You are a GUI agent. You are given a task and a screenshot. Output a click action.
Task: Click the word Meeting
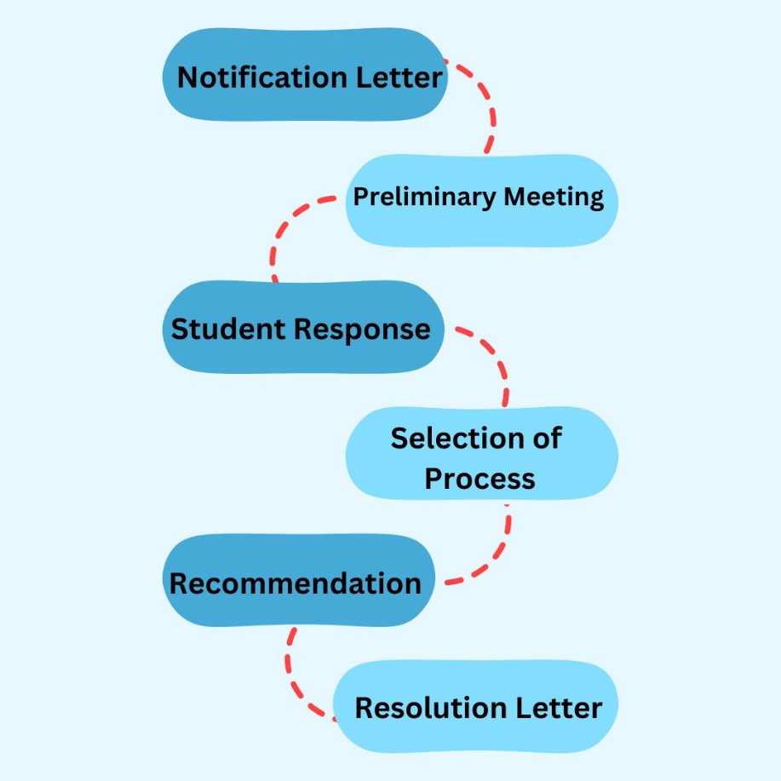point(554,197)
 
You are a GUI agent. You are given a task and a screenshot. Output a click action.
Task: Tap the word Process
point(480,478)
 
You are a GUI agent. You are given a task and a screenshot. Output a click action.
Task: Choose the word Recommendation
point(295,583)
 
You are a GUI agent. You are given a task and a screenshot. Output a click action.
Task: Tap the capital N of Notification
point(187,78)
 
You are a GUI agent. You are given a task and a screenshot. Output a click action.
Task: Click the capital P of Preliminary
point(360,197)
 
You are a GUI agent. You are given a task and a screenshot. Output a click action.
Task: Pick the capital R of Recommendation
point(179,583)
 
